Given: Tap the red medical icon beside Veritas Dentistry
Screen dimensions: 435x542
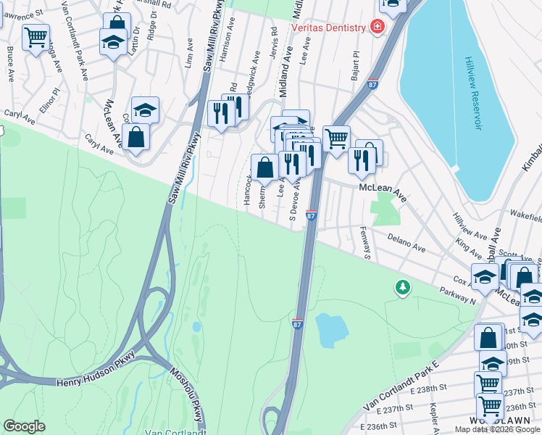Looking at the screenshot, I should point(377,28).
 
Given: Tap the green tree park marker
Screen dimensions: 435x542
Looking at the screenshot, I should point(402,288).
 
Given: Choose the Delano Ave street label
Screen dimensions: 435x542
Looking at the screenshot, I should point(406,242).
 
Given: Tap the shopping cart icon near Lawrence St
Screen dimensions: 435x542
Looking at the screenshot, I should point(36,36).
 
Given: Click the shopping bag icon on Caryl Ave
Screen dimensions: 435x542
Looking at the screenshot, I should point(135,136).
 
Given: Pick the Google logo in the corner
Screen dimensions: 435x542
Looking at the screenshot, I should point(24,426).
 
